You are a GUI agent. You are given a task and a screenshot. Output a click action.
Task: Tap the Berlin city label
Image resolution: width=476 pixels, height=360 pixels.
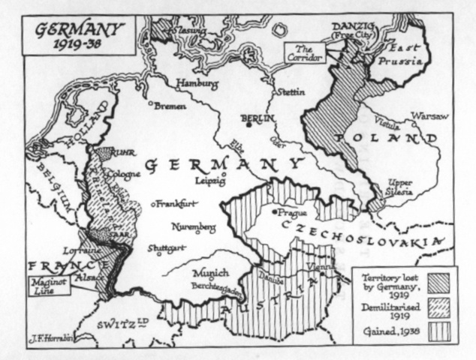pos(258,118)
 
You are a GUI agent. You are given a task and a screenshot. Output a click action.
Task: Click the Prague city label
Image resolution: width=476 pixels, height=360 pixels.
pos(291,211)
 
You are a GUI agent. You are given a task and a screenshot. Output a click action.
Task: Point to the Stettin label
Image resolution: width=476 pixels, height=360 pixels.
pos(288,92)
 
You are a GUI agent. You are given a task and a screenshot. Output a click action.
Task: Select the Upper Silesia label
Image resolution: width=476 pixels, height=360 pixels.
pos(399,187)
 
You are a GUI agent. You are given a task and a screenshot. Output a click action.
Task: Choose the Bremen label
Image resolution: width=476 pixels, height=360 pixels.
pos(170,106)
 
